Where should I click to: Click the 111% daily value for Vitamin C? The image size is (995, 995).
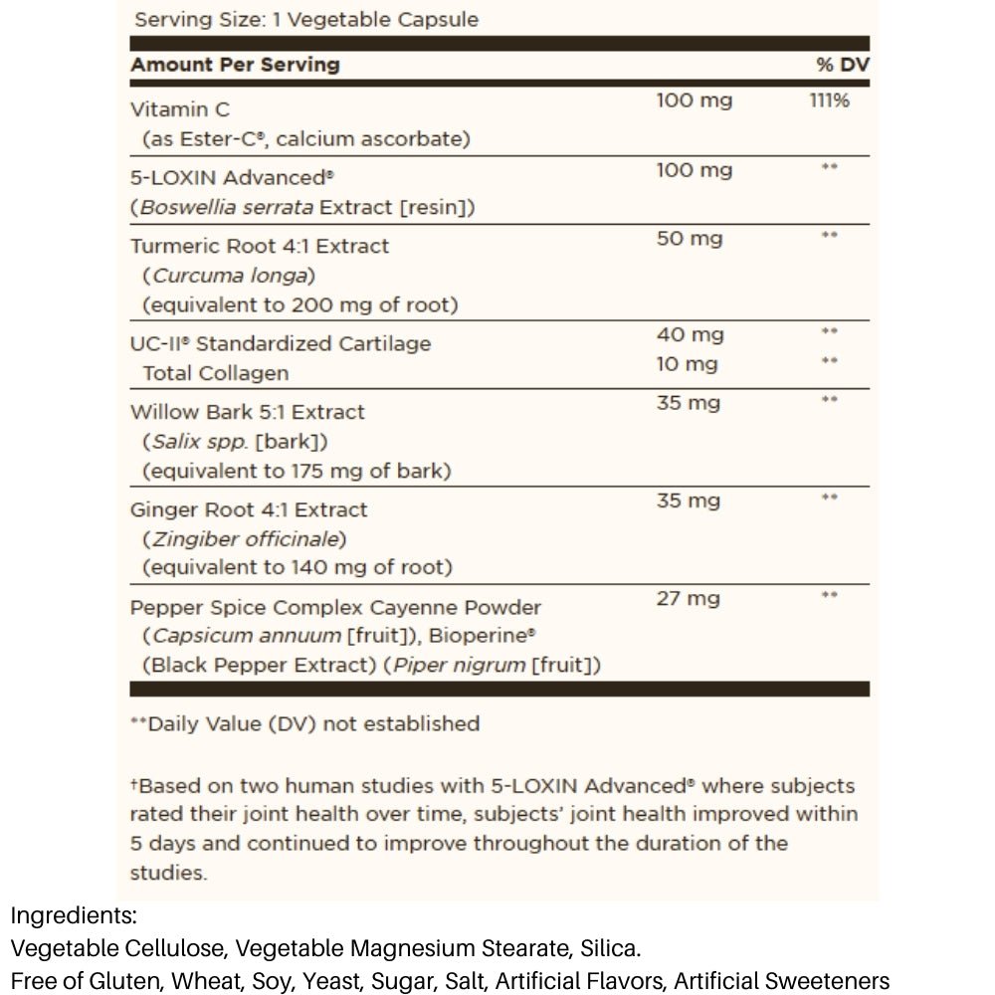tap(829, 100)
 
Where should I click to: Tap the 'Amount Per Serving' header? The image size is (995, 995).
tap(235, 65)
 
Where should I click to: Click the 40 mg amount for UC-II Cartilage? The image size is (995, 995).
tap(690, 335)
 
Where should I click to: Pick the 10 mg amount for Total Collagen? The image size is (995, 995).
tap(687, 364)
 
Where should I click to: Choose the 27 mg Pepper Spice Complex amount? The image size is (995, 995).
tap(688, 599)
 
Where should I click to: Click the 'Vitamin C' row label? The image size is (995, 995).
tap(180, 109)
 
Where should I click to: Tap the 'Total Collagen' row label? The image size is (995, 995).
tap(216, 373)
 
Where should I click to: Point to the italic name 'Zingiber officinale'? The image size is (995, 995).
tap(246, 539)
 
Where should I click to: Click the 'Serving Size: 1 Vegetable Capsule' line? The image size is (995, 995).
tap(306, 20)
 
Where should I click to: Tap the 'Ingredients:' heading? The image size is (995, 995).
tap(74, 916)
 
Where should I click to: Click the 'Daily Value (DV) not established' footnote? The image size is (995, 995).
tap(312, 723)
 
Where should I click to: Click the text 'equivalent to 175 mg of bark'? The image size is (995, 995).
tap(296, 471)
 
